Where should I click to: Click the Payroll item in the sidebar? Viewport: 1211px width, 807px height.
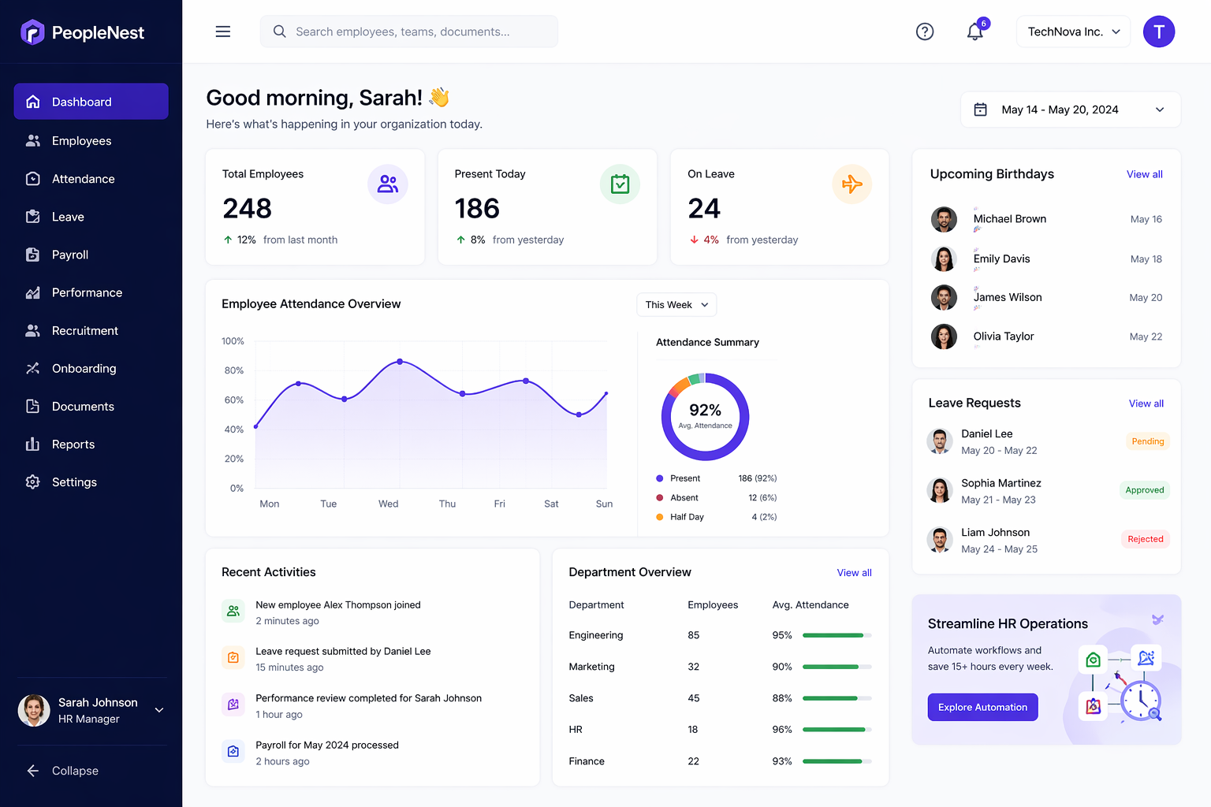point(69,255)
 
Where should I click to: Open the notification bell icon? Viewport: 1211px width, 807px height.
point(975,32)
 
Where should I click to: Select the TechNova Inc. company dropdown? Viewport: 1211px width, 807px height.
point(1073,32)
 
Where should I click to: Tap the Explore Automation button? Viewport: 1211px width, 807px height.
point(982,707)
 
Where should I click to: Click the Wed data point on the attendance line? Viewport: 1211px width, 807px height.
point(400,362)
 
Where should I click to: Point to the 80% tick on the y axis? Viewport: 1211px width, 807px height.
point(234,370)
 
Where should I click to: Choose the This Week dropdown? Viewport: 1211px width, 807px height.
point(676,305)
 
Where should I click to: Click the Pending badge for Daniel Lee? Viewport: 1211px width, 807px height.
point(1147,441)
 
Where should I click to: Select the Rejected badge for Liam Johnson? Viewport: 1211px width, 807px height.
point(1145,539)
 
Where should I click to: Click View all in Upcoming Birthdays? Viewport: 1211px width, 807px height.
point(1144,174)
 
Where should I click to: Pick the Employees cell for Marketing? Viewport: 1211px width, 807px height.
point(694,667)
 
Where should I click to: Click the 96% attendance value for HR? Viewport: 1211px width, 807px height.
point(782,730)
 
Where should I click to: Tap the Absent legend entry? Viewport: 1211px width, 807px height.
point(684,498)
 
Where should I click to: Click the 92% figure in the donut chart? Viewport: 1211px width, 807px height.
point(705,410)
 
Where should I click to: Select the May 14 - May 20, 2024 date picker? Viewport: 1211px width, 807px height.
point(1070,110)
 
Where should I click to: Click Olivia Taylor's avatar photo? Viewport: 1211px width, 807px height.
point(944,337)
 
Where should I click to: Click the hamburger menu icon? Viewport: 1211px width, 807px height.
point(223,32)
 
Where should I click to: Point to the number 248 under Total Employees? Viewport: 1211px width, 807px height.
point(247,208)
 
